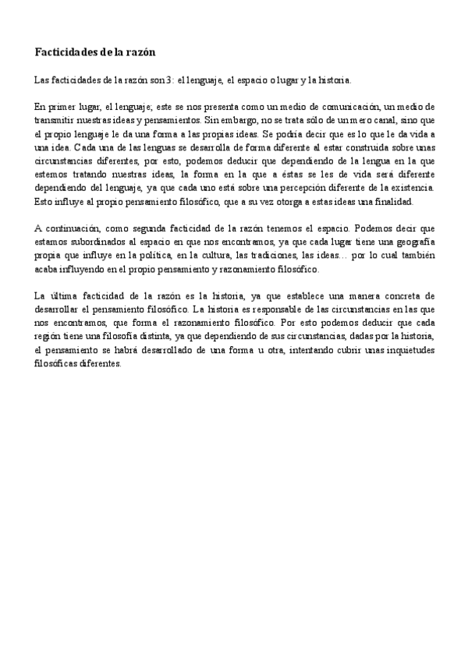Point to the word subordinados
[97, 242]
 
